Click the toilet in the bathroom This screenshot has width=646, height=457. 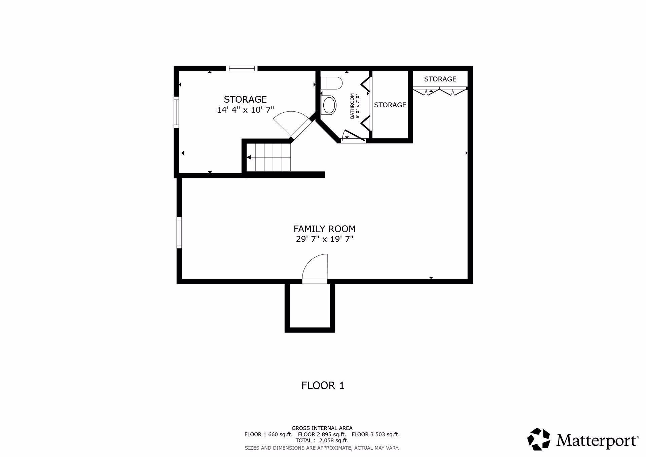tap(331, 82)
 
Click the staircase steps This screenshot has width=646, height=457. tap(268, 157)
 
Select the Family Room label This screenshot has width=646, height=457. tap(324, 229)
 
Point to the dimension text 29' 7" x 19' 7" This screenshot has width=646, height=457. tap(324, 239)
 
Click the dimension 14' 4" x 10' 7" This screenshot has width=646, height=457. tap(245, 110)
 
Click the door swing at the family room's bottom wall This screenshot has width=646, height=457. tap(315, 269)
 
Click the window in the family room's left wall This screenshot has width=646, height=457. tap(179, 233)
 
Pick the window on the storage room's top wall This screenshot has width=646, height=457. tap(242, 68)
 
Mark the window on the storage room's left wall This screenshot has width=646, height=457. tap(176, 112)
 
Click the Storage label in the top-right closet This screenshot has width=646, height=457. tap(440, 79)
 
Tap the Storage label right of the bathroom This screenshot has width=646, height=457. tap(390, 105)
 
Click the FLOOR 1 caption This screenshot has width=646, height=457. tap(323, 385)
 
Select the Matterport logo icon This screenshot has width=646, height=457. tap(539, 439)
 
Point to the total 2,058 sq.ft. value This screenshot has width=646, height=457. tap(334, 441)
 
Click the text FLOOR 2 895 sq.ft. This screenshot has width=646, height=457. tap(322, 434)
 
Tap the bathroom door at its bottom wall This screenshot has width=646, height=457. tap(353, 136)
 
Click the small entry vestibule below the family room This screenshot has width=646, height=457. tap(310, 307)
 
